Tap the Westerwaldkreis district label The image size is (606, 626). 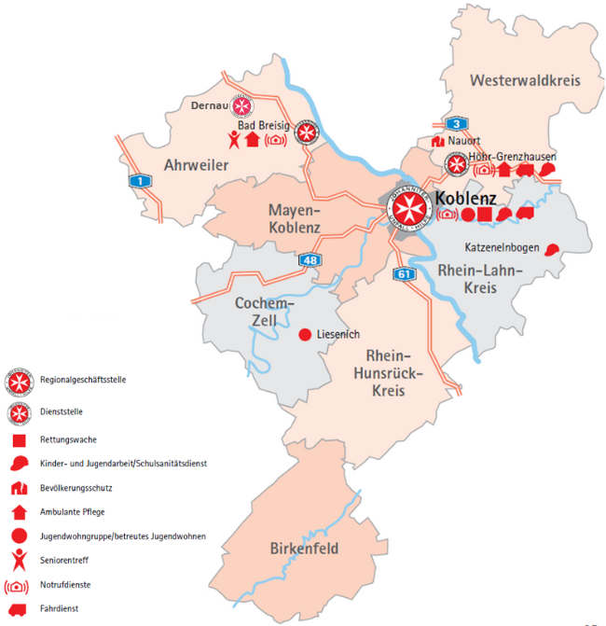point(525,81)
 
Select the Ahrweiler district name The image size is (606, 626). point(197,166)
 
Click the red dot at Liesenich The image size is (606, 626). point(303,335)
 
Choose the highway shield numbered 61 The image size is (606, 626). point(404,273)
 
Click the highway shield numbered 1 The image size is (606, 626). point(139,181)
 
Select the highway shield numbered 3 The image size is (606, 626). point(455,124)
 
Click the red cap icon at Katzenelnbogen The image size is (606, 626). point(552,249)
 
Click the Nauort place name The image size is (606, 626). point(463,142)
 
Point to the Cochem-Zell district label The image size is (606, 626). point(265,313)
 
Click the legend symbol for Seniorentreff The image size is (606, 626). point(18,560)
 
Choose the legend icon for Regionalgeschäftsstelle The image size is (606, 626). point(18,381)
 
